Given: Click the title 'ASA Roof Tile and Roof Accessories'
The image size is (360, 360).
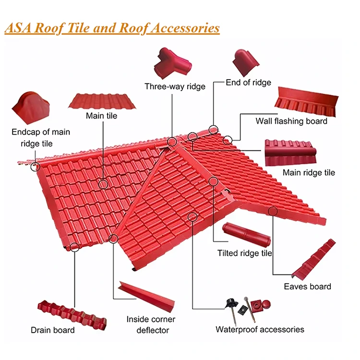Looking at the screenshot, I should tap(112, 27).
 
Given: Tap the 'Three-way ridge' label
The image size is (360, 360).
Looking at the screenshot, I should tap(175, 86).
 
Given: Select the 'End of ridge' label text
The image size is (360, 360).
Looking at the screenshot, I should tap(248, 83).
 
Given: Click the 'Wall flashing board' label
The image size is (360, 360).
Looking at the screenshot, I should tap(291, 121).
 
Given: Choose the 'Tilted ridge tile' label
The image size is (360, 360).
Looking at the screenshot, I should tap(245, 253).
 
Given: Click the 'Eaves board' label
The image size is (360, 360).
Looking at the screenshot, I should tap(307, 287).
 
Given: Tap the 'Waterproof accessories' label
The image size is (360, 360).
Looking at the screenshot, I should tap(260, 329).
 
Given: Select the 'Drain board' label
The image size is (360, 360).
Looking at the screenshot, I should tap(53, 330).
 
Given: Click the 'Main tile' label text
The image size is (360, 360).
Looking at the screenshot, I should tap(101, 116).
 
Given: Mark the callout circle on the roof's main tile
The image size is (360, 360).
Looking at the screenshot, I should tap(103, 183).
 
